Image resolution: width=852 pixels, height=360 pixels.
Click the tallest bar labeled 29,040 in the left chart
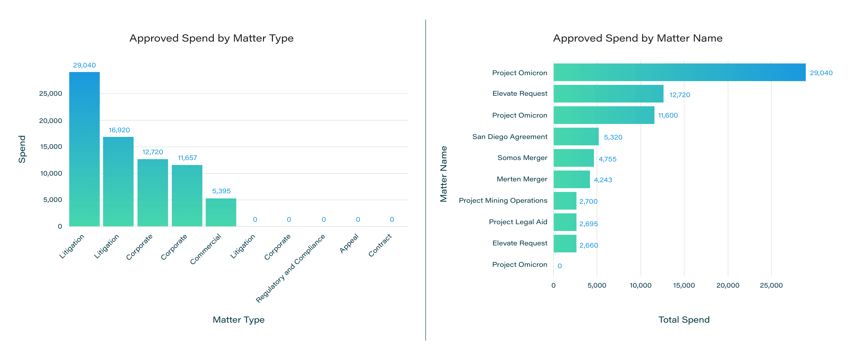coord(84,149)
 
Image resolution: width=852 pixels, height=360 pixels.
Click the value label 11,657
coord(187,158)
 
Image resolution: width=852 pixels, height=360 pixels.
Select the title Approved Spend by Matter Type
coord(211,38)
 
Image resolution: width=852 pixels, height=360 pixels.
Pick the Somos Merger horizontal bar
coord(574,158)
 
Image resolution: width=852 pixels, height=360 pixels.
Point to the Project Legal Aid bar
coord(565,222)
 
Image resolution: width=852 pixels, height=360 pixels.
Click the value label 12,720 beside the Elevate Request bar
coord(680,95)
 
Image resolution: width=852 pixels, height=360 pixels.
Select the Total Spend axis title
coord(684,320)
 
